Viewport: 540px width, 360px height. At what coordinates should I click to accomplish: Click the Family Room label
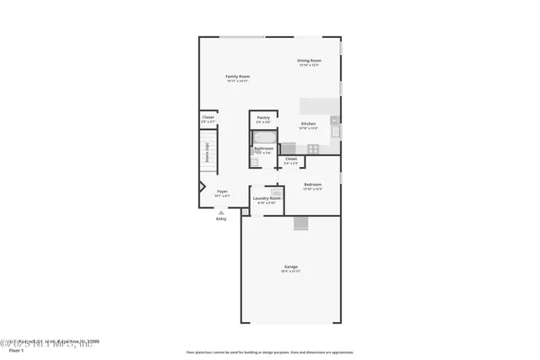[237, 77]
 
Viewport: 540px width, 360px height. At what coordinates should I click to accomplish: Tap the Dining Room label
[309, 61]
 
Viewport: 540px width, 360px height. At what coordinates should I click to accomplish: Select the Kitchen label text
[309, 124]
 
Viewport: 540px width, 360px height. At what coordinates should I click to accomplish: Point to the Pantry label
[263, 118]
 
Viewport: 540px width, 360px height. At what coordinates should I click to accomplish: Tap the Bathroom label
[264, 148]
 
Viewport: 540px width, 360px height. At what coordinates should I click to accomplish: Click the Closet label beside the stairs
[208, 118]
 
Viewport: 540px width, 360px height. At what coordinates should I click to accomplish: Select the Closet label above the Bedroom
[291, 159]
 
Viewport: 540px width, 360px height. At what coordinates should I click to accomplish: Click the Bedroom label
[312, 184]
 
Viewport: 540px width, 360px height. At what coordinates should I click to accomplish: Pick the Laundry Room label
[266, 198]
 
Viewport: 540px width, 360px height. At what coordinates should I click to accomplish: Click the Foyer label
[222, 191]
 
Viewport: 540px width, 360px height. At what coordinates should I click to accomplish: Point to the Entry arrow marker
[221, 212]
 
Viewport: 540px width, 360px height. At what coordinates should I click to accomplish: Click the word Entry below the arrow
[221, 219]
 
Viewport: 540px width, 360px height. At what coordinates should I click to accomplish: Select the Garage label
[290, 267]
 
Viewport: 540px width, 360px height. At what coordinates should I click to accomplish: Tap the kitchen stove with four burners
[313, 148]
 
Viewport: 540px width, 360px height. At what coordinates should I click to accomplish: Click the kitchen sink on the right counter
[335, 131]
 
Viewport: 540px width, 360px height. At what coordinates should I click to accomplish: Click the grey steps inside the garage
[301, 223]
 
